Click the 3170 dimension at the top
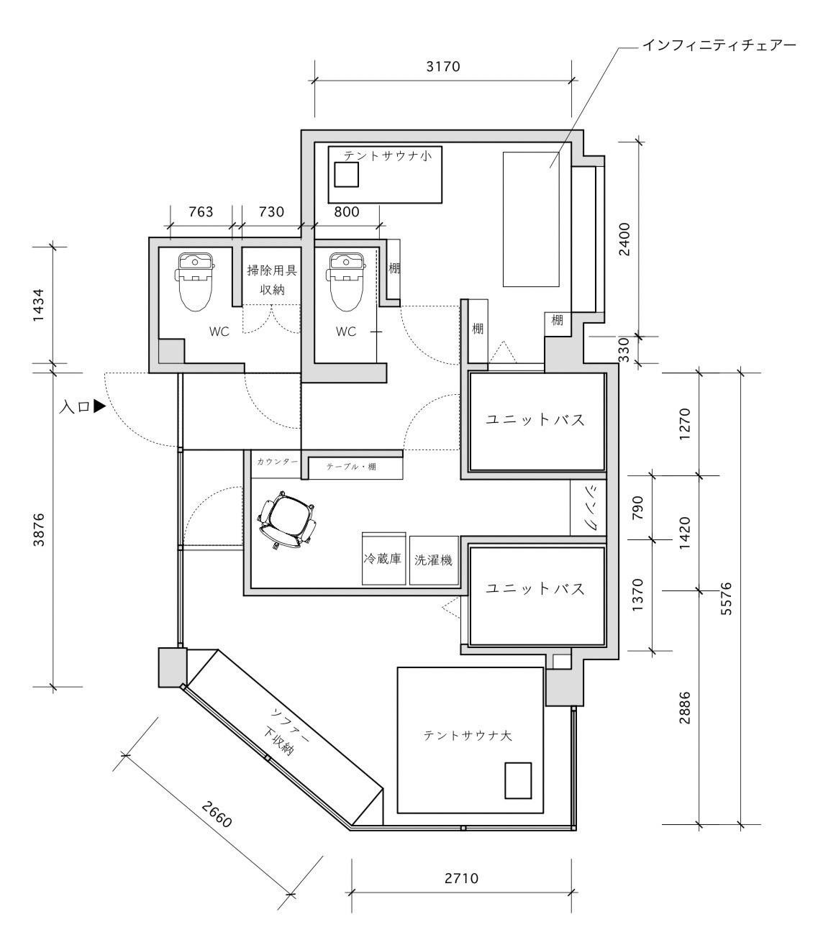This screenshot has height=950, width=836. [443, 67]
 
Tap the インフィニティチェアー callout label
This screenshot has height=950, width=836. [719, 45]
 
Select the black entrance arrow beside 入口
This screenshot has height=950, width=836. [99, 406]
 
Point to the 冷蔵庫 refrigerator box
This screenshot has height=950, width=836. [383, 559]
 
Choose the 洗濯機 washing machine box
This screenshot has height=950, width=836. [434, 560]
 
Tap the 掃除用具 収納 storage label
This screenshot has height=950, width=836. [272, 280]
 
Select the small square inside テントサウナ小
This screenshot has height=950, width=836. [347, 175]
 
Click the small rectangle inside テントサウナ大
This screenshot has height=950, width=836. [518, 781]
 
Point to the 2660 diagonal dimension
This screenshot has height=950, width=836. [217, 815]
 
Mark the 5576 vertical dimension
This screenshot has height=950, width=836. [725, 598]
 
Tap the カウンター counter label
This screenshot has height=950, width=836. [277, 462]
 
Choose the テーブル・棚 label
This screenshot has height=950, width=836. [351, 467]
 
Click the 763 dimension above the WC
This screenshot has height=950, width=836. [201, 212]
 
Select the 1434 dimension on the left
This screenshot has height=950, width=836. [38, 305]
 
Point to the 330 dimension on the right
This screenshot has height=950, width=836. [624, 350]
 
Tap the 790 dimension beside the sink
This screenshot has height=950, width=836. [637, 508]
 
